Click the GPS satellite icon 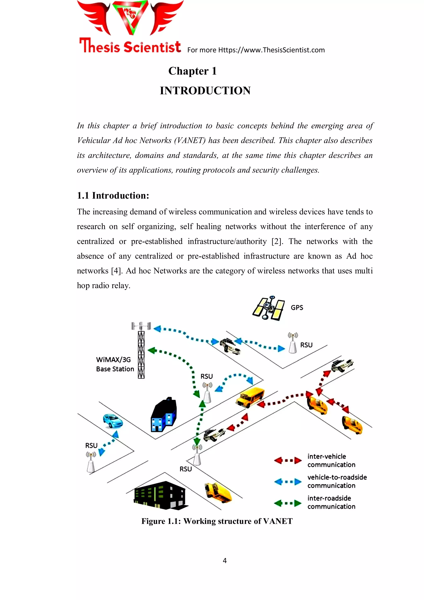coord(269,308)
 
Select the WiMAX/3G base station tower coord(141,350)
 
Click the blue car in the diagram coord(112,421)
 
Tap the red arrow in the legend coord(288,460)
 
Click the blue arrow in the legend coord(288,481)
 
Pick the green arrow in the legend coord(288,503)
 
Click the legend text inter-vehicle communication coord(331,460)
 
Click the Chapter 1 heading coord(192,71)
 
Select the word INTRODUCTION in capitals coord(205,91)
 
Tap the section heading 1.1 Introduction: coord(113,196)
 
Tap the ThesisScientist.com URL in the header coord(271,50)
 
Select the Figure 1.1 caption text coord(217,521)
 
